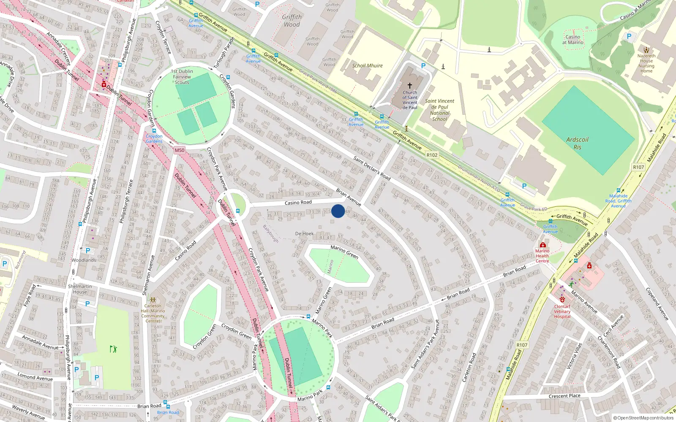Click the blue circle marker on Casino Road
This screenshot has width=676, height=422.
click(338, 211)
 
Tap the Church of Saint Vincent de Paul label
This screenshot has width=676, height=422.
click(409, 100)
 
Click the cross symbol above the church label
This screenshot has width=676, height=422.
click(409, 85)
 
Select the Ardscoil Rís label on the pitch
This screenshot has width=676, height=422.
click(577, 143)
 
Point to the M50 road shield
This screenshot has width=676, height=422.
click(179, 150)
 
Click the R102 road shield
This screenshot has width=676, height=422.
click(432, 155)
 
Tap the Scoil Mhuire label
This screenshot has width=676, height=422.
click(367, 66)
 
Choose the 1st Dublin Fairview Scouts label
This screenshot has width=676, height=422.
click(182, 77)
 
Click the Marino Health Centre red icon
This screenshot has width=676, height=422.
click(543, 245)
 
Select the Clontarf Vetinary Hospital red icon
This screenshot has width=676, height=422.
click(562, 299)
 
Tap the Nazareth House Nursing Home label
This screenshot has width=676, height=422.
click(646, 63)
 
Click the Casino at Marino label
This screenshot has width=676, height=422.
click(572, 40)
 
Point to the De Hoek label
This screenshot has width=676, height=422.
click(304, 233)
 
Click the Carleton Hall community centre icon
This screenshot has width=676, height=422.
click(153, 300)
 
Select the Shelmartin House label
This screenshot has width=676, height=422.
click(80, 289)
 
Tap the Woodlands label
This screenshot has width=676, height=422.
click(84, 260)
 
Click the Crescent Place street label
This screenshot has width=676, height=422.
click(564, 396)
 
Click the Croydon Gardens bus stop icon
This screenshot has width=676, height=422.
click(154, 131)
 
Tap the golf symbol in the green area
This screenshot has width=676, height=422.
click(113, 349)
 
